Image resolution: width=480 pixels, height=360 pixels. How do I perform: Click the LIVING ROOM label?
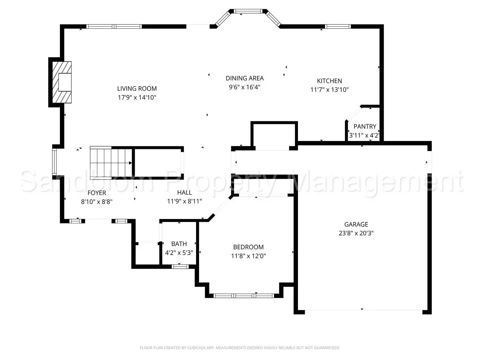137,89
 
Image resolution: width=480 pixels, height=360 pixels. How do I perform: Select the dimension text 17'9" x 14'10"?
137,98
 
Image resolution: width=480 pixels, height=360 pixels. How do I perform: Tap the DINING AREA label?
245,78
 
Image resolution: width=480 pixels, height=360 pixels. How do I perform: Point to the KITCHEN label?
329,81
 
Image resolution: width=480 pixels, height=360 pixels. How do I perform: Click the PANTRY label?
365,127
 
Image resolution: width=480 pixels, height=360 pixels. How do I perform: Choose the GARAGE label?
356,225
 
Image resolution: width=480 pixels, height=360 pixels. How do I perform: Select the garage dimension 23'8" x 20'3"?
356,233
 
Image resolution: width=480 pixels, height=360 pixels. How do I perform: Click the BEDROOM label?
248,247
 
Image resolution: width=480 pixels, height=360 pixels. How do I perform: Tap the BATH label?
179,244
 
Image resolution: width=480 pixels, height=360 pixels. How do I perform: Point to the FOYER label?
97,193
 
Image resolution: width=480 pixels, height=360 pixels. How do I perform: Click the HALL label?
184,193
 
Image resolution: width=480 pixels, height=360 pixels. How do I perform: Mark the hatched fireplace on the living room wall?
62,82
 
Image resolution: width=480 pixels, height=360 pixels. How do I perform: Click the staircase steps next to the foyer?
111,163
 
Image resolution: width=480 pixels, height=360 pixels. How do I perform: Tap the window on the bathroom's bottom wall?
180,266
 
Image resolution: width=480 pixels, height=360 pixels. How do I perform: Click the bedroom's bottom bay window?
244,296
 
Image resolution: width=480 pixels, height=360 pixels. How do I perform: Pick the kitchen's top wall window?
338,27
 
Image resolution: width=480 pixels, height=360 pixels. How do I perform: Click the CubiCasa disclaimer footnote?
240,348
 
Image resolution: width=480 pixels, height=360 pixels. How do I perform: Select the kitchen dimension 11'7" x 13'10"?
329,90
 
